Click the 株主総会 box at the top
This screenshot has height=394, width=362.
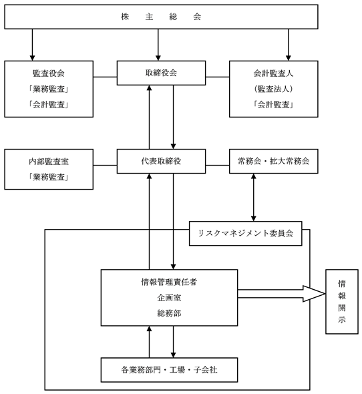(x=161, y=17)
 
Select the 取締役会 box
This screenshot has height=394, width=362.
(x=161, y=73)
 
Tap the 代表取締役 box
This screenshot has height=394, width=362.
(x=161, y=161)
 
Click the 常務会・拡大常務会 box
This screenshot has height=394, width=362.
(x=274, y=161)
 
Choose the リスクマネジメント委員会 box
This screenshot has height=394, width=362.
(x=245, y=234)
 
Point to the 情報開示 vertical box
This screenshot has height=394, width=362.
(x=342, y=302)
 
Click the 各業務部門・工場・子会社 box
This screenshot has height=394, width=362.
(x=169, y=370)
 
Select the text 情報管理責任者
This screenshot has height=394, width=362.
(x=169, y=282)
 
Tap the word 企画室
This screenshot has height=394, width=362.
(x=169, y=298)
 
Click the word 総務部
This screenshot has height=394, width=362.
(x=169, y=313)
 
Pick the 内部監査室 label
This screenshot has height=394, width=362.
(x=49, y=162)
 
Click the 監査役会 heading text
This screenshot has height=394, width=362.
(x=49, y=73)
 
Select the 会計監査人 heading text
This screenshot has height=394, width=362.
(x=274, y=73)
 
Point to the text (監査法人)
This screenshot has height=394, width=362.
(x=274, y=89)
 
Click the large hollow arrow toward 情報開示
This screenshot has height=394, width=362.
(x=282, y=294)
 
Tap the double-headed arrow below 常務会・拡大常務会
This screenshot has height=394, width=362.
(x=254, y=198)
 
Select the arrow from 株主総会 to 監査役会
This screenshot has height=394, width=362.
(x=32, y=45)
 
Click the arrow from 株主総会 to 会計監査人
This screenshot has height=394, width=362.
(x=289, y=45)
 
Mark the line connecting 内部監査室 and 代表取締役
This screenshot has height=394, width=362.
(x=105, y=166)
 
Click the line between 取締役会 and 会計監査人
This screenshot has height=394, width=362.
(x=218, y=77)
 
